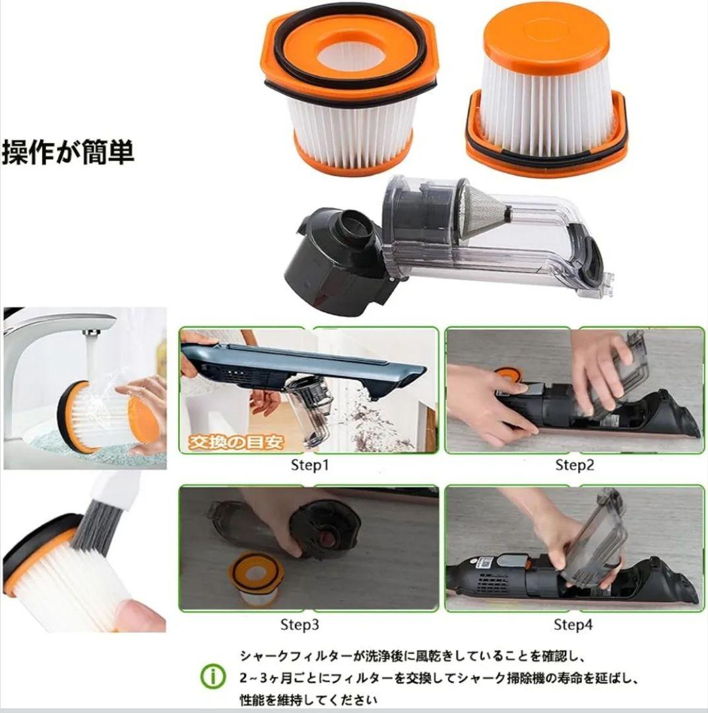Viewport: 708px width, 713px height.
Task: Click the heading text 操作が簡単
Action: (68, 152)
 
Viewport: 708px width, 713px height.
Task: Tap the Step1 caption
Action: (309, 465)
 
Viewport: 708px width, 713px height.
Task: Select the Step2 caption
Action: (574, 465)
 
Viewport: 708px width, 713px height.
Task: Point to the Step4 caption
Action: (573, 624)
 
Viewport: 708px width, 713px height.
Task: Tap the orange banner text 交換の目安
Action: (236, 442)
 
